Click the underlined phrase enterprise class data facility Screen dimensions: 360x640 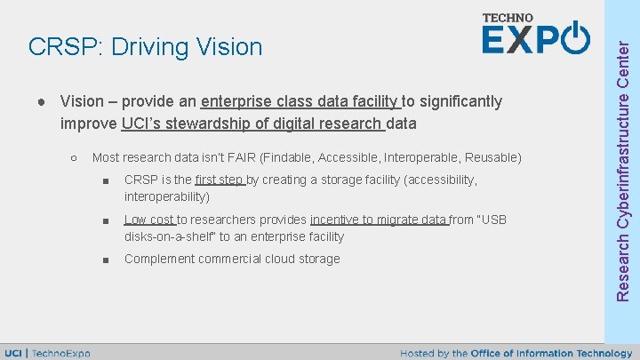(301, 101)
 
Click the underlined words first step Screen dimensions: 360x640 (219, 180)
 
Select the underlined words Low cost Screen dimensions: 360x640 (149, 220)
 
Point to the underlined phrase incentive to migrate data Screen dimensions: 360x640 (379, 220)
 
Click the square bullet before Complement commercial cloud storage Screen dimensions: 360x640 (105, 260)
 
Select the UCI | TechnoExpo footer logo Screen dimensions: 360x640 (48, 353)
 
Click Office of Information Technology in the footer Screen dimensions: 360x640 (555, 353)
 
